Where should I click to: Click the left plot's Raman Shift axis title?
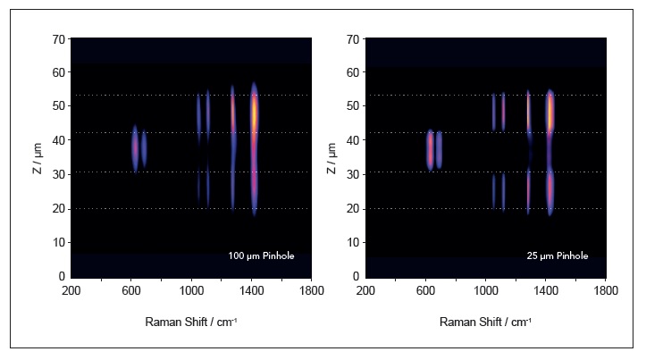click(191, 322)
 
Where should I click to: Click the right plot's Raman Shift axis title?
click(486, 322)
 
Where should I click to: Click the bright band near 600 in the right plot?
click(430, 149)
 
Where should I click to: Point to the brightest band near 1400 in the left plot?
click(254, 112)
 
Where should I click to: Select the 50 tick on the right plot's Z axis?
click(355, 107)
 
